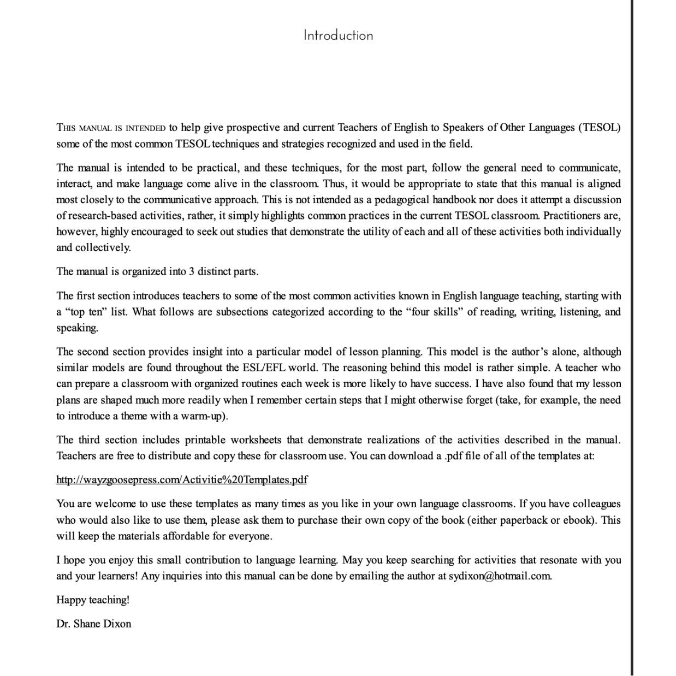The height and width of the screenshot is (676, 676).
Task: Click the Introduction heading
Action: click(338, 35)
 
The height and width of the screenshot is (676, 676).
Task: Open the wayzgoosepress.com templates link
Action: click(182, 480)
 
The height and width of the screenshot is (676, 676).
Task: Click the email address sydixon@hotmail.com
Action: click(500, 576)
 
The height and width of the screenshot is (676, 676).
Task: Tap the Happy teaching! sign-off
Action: click(93, 600)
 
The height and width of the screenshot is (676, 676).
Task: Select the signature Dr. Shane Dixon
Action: click(94, 624)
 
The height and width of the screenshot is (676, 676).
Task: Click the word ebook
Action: click(576, 520)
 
